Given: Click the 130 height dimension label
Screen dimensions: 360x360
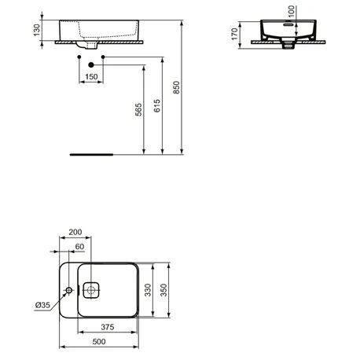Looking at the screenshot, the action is pyautogui.click(x=37, y=30).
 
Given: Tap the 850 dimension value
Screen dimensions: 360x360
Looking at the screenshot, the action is pyautogui.click(x=176, y=87).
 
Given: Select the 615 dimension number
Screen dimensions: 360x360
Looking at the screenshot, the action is pyautogui.click(x=156, y=106).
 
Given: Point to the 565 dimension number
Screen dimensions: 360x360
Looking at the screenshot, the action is pyautogui.click(x=138, y=109).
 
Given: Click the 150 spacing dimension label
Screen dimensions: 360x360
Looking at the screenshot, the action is pyautogui.click(x=91, y=77).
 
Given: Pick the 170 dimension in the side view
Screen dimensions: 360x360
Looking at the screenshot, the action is pyautogui.click(x=234, y=34).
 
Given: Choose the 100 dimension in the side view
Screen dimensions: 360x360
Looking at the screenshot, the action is pyautogui.click(x=292, y=11).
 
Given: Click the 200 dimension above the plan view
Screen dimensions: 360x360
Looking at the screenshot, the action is pyautogui.click(x=75, y=232).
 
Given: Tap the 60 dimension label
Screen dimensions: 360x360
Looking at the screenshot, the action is pyautogui.click(x=79, y=247).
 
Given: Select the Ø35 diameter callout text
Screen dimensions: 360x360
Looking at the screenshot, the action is pyautogui.click(x=42, y=305).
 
